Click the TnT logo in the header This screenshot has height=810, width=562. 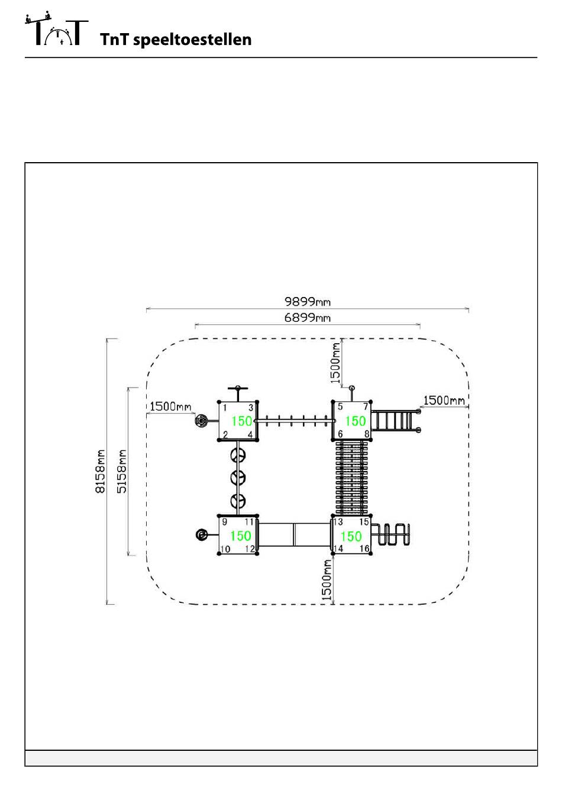(x=57, y=30)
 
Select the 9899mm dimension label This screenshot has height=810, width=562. (x=307, y=302)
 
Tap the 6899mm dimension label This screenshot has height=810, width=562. (x=307, y=318)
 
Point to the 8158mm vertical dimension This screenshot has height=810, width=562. (x=101, y=472)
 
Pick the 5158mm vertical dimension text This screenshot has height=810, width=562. (x=122, y=472)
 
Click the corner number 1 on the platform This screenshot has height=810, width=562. (x=225, y=408)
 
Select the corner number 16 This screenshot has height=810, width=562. (x=364, y=549)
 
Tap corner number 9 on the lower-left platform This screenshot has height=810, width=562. (x=224, y=522)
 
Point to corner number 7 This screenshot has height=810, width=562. (x=366, y=407)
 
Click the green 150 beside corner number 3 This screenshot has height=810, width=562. (x=241, y=421)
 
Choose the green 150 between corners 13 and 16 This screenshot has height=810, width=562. (x=351, y=536)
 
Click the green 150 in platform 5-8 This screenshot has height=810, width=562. (x=355, y=421)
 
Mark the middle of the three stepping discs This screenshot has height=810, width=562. (x=238, y=478)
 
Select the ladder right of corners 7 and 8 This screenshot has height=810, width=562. (x=394, y=421)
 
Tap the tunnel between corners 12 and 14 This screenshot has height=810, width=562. (x=294, y=535)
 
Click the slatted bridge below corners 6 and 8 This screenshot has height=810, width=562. (x=351, y=477)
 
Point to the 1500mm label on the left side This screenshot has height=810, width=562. (x=170, y=406)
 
